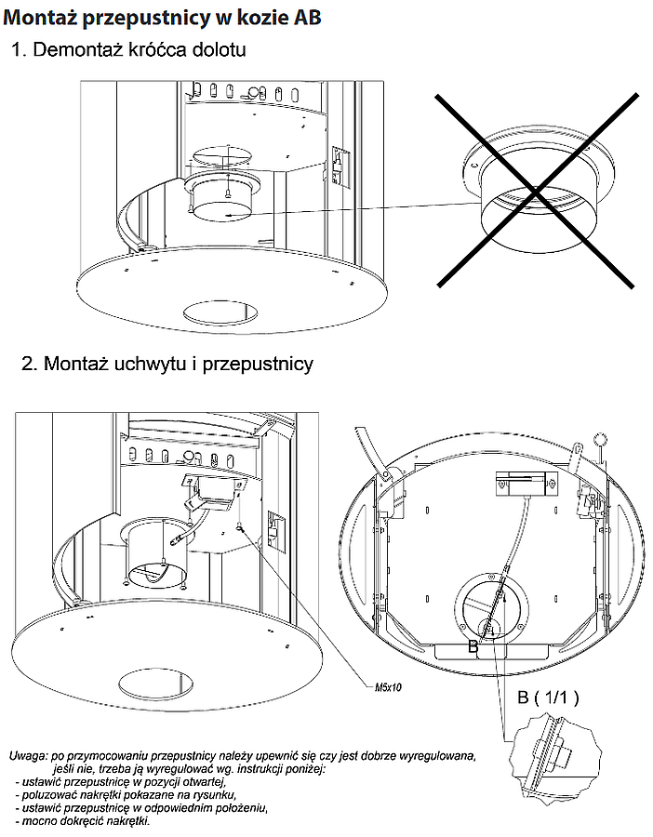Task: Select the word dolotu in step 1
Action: [215, 49]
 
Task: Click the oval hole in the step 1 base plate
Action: [223, 312]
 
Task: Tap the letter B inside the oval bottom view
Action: [473, 644]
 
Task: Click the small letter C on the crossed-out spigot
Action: [474, 165]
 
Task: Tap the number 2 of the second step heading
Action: [27, 364]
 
